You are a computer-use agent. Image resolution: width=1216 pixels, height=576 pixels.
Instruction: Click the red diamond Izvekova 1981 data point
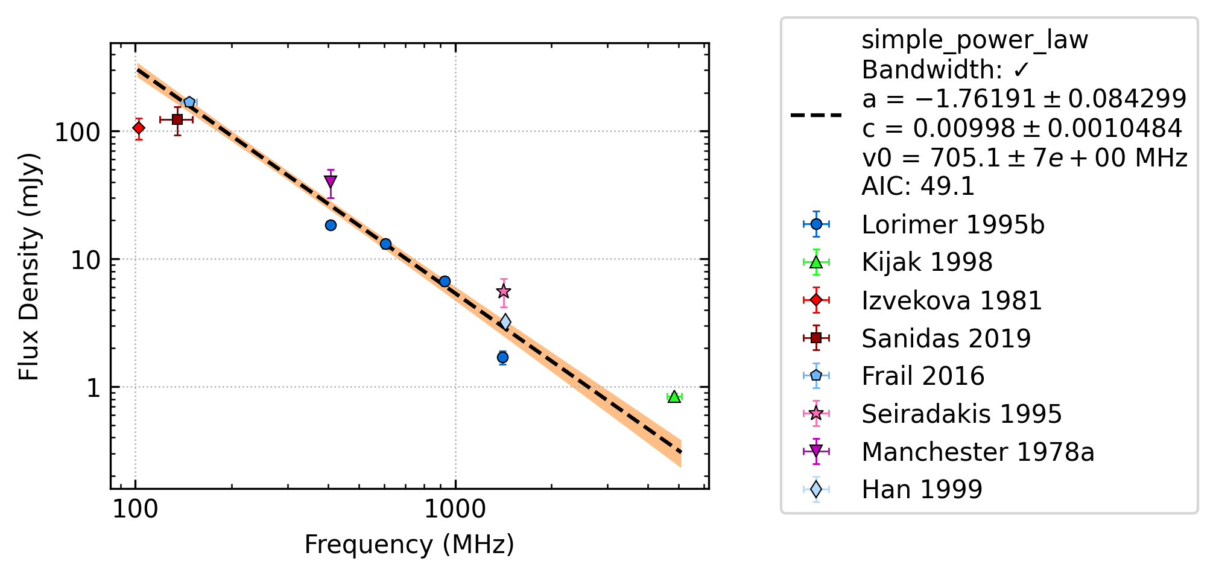(139, 128)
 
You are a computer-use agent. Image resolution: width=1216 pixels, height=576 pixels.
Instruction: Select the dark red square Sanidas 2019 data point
(177, 119)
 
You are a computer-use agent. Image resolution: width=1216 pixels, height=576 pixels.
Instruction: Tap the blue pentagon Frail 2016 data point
(189, 103)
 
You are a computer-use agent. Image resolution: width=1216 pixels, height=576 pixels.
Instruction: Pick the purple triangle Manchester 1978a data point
(331, 182)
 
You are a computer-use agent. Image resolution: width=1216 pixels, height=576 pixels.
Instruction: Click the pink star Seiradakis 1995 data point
(504, 292)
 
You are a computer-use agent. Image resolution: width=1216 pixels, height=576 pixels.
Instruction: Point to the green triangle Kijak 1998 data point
(674, 396)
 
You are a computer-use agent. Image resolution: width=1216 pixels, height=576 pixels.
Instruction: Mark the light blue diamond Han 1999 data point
(505, 322)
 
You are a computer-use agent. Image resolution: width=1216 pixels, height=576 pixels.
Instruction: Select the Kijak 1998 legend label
(927, 262)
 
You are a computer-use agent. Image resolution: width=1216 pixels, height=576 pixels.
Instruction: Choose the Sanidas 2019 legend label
(946, 338)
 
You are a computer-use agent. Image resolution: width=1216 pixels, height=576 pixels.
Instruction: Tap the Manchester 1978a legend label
(978, 452)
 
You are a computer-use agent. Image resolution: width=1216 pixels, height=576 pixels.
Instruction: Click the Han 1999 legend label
(922, 489)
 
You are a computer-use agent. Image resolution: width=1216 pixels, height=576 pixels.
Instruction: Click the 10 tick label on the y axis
(85, 260)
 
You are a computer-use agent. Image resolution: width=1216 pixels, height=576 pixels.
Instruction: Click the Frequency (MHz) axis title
(410, 545)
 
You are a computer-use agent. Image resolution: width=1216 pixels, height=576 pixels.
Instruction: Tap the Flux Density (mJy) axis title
(28, 266)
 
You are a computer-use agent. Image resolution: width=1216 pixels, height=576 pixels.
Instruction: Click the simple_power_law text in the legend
(975, 40)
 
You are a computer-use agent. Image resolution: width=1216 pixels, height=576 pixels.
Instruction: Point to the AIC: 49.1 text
(918, 186)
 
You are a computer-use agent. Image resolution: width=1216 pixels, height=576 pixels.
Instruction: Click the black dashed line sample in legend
(816, 115)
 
